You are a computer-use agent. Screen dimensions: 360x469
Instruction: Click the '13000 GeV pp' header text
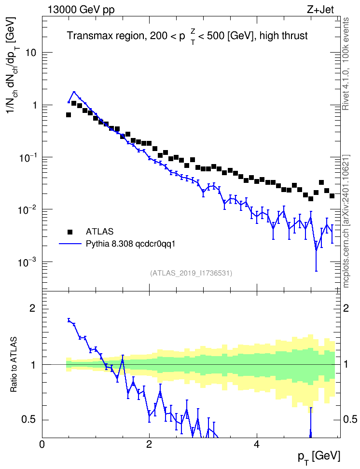tap(81, 10)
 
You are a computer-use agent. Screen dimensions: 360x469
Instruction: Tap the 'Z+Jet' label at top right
tap(320, 10)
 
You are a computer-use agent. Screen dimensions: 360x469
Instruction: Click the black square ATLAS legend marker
tap(69, 232)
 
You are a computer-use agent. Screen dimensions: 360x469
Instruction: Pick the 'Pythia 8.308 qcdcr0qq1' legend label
tap(130, 244)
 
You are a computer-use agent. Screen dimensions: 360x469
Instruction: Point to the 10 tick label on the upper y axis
tap(30, 53)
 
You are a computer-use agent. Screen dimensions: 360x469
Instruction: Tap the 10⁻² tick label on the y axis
tap(27, 209)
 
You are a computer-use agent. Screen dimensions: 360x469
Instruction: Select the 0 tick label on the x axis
tap(42, 444)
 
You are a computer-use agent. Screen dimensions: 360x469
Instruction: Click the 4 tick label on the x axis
tap(256, 444)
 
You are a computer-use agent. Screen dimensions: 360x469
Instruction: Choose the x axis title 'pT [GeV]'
tap(319, 457)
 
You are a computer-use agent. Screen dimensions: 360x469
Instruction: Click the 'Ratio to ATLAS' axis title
tap(14, 365)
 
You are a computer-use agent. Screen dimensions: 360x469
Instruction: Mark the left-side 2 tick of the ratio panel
tap(32, 308)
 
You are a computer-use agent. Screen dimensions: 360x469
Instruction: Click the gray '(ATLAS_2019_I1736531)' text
tap(191, 273)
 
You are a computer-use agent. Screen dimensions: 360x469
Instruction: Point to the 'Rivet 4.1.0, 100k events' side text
tap(346, 64)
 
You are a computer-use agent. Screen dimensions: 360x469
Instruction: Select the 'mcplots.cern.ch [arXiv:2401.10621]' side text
tap(346, 221)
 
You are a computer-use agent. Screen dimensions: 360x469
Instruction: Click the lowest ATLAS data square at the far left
tap(69, 115)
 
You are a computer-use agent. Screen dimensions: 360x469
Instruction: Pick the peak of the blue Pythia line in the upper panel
tap(74, 92)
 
